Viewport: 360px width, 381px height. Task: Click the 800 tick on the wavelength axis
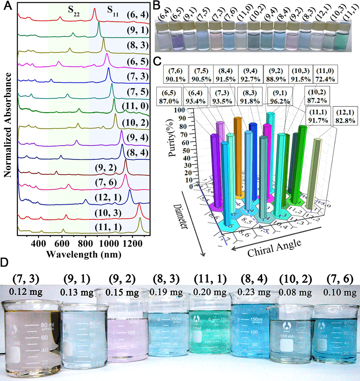pos(85,243)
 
